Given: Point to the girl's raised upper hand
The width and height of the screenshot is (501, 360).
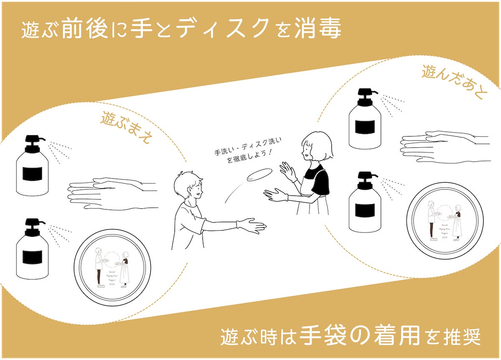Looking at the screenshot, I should pos(288,171).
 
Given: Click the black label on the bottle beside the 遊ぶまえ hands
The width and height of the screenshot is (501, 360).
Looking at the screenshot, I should pos(32,173).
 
